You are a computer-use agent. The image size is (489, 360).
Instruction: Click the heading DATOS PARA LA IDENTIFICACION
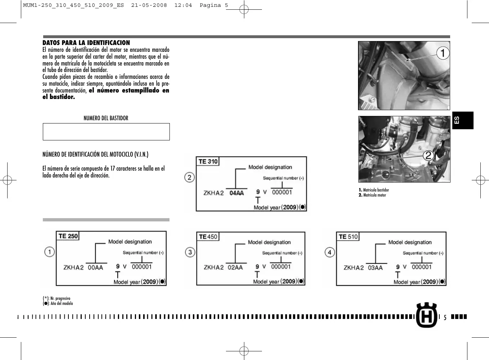(86, 43)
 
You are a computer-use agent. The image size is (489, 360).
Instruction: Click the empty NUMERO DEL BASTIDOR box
(106, 132)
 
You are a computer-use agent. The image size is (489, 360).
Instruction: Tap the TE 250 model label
(68, 236)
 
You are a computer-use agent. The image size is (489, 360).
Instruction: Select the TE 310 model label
(208, 162)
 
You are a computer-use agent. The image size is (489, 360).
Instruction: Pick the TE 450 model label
(208, 237)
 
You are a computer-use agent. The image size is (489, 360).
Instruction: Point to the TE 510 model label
(348, 237)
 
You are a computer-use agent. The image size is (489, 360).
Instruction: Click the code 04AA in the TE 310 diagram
(236, 193)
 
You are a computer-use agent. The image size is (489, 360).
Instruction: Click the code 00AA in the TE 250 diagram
(95, 267)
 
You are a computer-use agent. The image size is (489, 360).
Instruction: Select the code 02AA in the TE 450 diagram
(235, 267)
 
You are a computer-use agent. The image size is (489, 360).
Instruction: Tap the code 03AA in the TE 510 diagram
(375, 268)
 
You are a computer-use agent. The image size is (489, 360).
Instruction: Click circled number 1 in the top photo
(443, 53)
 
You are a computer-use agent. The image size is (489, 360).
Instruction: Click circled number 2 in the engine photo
(428, 156)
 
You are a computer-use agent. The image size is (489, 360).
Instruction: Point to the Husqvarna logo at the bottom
(426, 315)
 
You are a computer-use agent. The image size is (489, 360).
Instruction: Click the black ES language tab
(462, 120)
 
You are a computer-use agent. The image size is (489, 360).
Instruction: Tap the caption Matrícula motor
(374, 195)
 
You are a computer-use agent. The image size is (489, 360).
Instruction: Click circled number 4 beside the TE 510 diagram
(330, 252)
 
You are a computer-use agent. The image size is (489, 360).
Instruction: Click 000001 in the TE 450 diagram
(281, 267)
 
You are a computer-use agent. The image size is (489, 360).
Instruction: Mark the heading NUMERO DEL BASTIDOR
(106, 118)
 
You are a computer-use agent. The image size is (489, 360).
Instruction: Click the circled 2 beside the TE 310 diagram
(190, 177)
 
